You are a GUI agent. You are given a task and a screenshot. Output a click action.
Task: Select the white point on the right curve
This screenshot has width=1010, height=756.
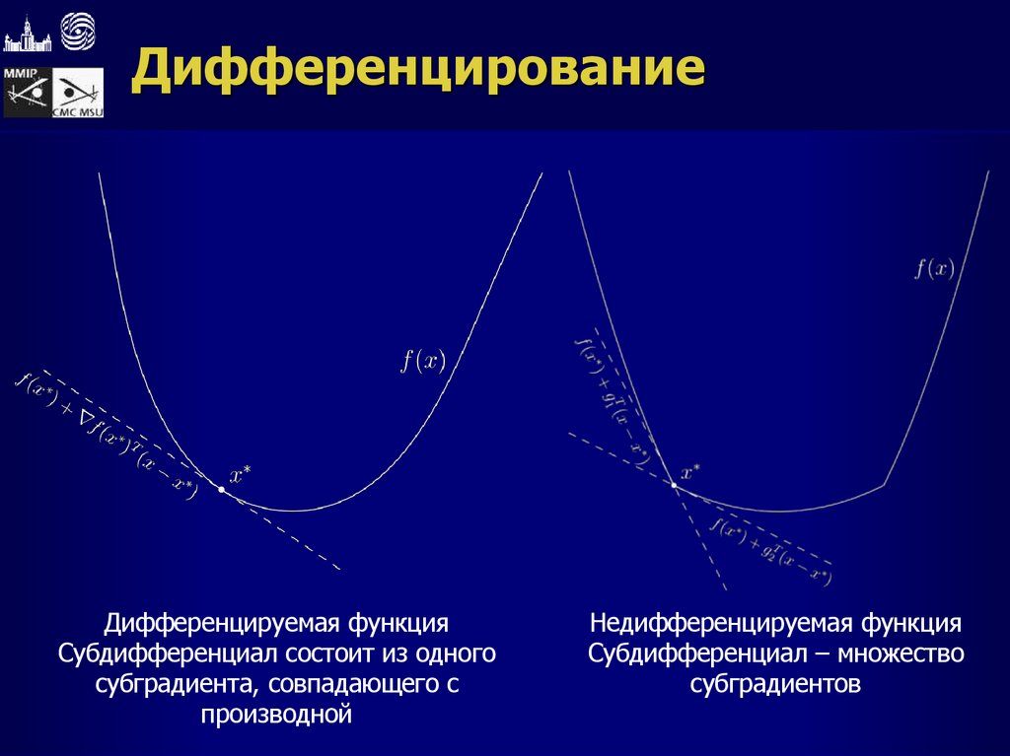[675, 485]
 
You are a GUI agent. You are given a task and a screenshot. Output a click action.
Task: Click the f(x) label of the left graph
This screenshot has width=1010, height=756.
[422, 361]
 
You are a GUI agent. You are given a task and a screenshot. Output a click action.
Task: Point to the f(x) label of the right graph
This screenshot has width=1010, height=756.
[933, 268]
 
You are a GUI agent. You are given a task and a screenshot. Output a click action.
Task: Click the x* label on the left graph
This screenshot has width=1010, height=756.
[241, 475]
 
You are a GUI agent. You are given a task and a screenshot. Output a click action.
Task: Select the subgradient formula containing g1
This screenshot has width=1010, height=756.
[613, 394]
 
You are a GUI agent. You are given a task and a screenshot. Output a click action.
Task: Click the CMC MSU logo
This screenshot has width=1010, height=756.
[79, 95]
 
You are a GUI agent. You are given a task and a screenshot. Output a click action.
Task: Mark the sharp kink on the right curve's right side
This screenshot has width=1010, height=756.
[885, 484]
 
